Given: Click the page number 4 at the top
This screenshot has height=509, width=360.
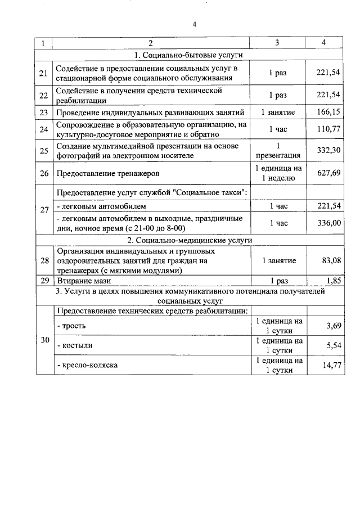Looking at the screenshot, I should coord(194,24).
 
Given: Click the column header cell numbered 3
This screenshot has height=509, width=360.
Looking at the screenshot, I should coord(277,43).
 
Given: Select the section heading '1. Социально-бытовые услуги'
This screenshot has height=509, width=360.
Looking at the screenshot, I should coord(188,56).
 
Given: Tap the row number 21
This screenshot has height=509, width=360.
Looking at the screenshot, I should coord(44,74).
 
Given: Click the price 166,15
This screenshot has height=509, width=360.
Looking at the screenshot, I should coord(328,112).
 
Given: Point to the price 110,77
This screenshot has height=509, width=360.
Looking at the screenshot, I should coord(328,129).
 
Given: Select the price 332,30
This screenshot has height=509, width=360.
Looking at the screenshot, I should coord(328,150).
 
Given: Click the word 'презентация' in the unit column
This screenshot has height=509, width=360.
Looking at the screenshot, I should coord(277,156).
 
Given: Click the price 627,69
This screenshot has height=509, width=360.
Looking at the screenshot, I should coord(328,173).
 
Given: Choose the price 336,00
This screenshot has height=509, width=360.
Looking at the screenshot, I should coord(328,223).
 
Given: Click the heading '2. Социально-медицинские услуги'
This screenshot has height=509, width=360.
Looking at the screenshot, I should coord(188,240).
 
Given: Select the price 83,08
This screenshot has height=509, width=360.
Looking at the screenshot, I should coord(328,260).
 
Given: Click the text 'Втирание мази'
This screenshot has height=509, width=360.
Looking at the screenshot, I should coord(83,280).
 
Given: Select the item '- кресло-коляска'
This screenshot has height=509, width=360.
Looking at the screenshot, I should coord(87,365).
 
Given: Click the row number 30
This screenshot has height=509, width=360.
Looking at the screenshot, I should coord(44,340).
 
